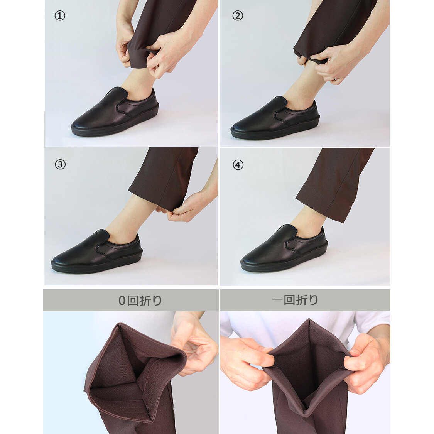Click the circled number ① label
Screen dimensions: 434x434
pos(60,16)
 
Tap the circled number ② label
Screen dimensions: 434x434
pos(238,16)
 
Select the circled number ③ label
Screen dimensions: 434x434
pos(60,165)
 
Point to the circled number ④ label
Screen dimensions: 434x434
pos(238,165)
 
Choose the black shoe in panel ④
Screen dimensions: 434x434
pos(284,248)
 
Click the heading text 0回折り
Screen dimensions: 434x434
pos(140,301)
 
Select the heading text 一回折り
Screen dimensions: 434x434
pos(295,300)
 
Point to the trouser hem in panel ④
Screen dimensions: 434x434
pos(321,210)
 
